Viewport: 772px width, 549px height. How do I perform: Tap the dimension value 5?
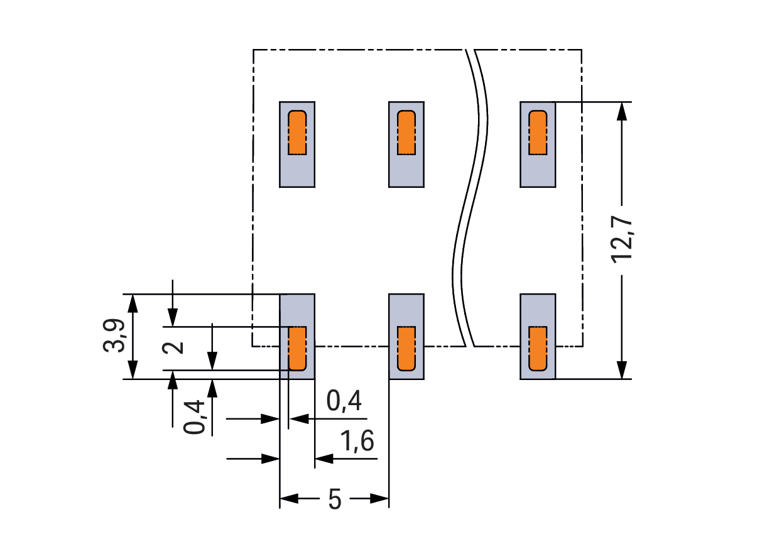[335, 500]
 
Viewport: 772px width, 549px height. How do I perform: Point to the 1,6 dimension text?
[357, 442]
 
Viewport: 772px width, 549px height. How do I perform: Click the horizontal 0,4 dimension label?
[345, 401]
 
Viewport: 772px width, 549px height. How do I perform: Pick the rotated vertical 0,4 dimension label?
[195, 417]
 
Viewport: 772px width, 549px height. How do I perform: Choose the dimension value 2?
[176, 347]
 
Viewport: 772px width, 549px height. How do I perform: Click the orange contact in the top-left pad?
[297, 133]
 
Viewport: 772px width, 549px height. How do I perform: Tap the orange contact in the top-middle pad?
[406, 133]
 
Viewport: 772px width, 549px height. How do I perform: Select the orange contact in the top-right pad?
[538, 133]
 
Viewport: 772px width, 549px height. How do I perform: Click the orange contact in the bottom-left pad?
[297, 348]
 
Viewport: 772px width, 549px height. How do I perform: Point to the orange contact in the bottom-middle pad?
[406, 348]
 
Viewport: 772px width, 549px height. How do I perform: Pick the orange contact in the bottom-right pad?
[538, 348]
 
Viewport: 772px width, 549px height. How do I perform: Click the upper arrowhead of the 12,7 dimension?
[622, 110]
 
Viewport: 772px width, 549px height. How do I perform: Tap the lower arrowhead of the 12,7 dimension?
[622, 370]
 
